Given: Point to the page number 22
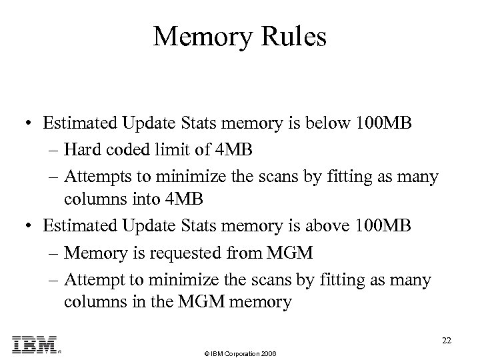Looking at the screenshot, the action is coord(447,340).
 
